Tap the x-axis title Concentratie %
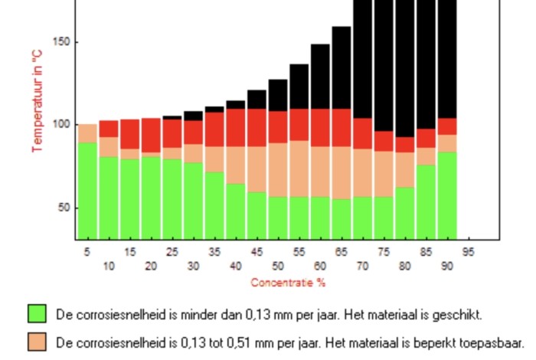pyautogui.click(x=288, y=283)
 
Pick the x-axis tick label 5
pyautogui.click(x=87, y=251)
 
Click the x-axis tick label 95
pyautogui.click(x=468, y=251)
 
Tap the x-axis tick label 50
pyautogui.click(x=278, y=266)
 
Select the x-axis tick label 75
pyautogui.click(x=384, y=251)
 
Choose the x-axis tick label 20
pyautogui.click(x=151, y=266)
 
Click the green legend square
pyautogui.click(x=37, y=314)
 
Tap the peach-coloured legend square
pyautogui.click(x=37, y=342)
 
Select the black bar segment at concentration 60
pyautogui.click(x=320, y=77)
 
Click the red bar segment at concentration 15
pyautogui.click(x=129, y=134)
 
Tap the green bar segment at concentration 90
pyautogui.click(x=447, y=195)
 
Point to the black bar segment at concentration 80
pyautogui.click(x=405, y=69)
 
